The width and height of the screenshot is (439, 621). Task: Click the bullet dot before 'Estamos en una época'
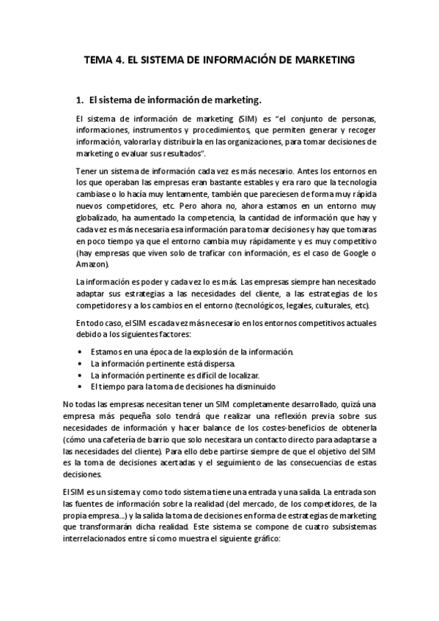pos(79,352)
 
